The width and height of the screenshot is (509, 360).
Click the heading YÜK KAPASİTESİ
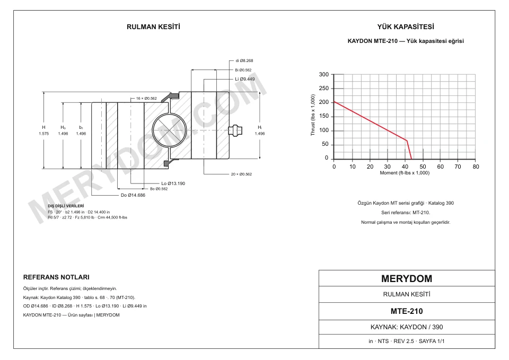(x=406, y=27)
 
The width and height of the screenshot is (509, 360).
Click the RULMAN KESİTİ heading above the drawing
(x=153, y=27)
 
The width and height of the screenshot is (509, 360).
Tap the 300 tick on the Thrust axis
(x=323, y=74)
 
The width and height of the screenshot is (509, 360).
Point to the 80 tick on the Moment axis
(x=476, y=166)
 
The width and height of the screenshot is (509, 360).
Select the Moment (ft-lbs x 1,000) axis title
(x=405, y=173)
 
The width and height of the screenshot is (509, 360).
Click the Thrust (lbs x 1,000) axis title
(x=313, y=115)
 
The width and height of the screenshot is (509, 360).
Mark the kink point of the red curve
(x=407, y=141)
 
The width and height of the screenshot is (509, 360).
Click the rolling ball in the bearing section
(x=169, y=130)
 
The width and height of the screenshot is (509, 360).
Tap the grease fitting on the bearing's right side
(x=235, y=130)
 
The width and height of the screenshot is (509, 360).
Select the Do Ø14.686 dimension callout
(x=133, y=195)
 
